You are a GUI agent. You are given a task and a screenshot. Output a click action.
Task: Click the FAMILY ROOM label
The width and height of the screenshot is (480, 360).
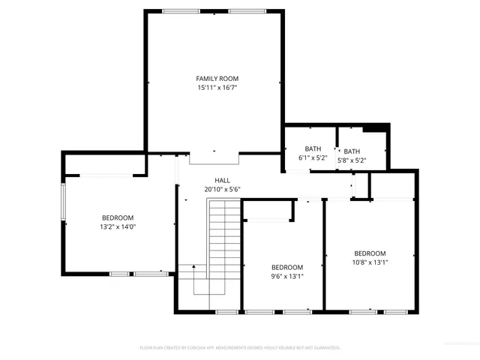tap(217, 79)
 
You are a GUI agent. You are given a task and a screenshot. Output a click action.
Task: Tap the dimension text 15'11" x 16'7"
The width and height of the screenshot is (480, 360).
tap(217, 88)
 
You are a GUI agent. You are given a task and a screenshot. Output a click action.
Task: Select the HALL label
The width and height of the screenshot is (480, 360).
tap(223, 180)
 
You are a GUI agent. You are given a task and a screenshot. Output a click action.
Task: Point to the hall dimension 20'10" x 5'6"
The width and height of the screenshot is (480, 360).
tap(223, 189)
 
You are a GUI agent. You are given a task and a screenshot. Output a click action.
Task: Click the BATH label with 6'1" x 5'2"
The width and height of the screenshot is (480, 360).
tap(313, 149)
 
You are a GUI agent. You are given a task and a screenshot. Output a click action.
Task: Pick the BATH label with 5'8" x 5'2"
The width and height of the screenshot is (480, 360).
tap(352, 151)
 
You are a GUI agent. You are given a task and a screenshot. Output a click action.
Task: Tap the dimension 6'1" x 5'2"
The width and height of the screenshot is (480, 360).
tap(313, 159)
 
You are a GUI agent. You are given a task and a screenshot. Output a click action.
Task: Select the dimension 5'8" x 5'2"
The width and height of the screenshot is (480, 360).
tap(352, 160)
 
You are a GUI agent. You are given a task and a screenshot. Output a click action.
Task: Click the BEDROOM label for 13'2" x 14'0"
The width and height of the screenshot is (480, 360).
tap(118, 217)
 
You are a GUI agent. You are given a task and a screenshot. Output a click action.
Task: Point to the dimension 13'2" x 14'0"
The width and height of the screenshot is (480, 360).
tap(118, 226)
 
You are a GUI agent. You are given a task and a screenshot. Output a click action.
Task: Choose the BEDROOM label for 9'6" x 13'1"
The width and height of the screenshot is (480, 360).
tap(287, 267)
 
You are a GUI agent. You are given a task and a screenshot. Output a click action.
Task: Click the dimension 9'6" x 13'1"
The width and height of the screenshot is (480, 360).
tap(287, 276)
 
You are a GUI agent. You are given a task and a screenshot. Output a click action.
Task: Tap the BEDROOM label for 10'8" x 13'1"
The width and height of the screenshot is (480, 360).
tap(370, 253)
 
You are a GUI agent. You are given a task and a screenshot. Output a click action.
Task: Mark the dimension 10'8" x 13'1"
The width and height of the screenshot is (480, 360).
tap(370, 262)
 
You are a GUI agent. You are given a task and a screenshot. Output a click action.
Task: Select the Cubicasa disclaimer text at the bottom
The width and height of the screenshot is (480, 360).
tap(240, 347)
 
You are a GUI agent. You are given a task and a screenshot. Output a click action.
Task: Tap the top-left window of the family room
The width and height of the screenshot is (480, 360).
tap(177, 11)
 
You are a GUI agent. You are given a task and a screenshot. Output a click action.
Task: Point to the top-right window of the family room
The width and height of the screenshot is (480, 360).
tap(247, 11)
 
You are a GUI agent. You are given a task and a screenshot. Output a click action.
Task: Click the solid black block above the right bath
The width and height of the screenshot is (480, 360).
tap(380, 127)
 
